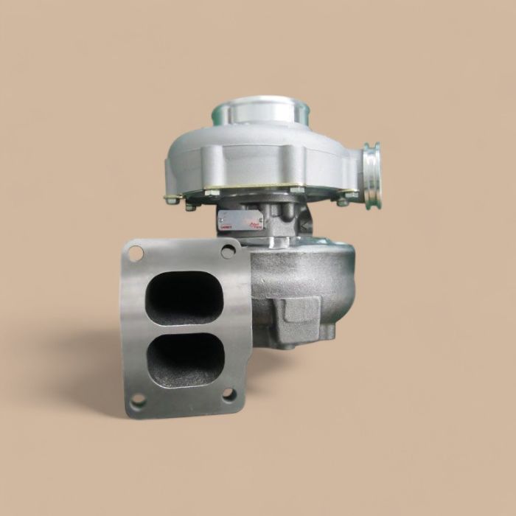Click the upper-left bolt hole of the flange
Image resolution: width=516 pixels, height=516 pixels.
point(136,254)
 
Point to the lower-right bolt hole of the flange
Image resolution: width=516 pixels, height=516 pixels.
point(229,394)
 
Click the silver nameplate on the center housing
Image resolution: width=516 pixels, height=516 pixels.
point(241,219)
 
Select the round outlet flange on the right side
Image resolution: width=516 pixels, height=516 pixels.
point(372,175)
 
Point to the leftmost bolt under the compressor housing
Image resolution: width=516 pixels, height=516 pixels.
point(172,199)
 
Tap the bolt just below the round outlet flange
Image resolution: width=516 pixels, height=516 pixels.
point(343,201)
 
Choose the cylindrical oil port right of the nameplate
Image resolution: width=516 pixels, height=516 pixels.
point(287,214)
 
